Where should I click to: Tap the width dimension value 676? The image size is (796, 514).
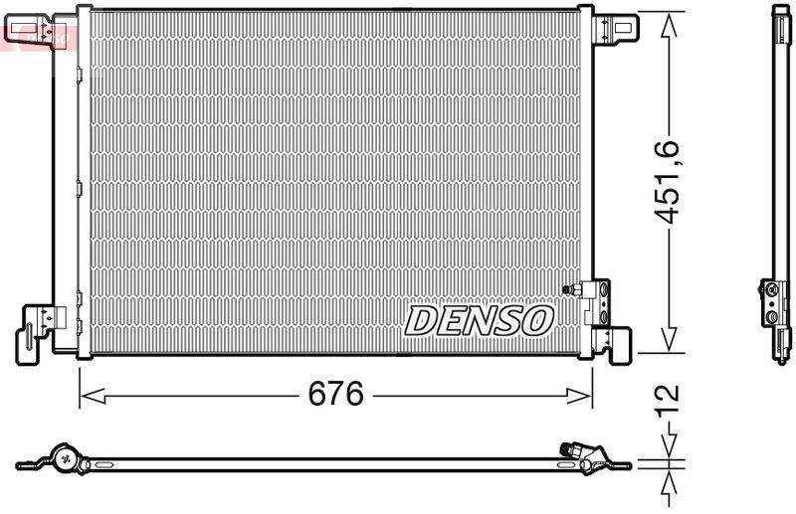[333, 395]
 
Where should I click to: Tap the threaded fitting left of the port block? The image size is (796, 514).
[573, 289]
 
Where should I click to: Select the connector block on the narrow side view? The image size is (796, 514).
[774, 298]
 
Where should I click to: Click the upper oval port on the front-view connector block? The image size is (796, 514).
[603, 289]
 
